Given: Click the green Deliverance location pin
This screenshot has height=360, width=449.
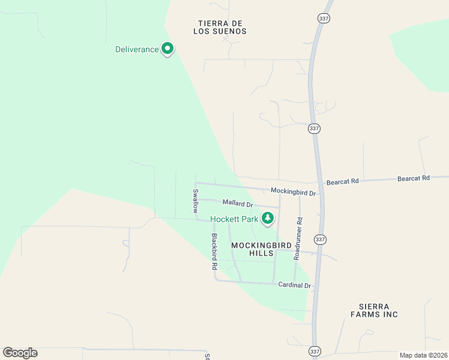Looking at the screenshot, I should (168, 49).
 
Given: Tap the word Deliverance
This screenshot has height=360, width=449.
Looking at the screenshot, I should (137, 49).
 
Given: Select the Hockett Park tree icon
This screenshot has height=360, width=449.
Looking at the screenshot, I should (268, 219).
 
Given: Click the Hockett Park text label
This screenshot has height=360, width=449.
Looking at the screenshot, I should (234, 220).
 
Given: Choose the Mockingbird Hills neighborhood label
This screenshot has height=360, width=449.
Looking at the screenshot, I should (261, 250).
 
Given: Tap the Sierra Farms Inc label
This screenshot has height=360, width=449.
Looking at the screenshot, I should (375, 310).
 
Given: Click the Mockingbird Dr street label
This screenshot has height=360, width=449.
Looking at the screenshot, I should (293, 193).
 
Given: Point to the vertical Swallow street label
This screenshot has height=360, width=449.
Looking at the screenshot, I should (195, 201).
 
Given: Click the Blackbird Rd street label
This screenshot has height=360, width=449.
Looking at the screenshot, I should (214, 250).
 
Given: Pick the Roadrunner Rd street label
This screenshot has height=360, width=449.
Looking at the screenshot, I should (298, 238).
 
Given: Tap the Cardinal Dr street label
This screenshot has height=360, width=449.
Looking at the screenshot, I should (294, 285).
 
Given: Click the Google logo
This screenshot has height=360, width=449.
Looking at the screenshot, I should (20, 353).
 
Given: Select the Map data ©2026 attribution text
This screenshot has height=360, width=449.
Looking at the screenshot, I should (423, 355).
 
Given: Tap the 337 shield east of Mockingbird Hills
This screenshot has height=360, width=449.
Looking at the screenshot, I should (321, 239).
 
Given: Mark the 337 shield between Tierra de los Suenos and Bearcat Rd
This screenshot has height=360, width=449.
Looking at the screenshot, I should (314, 128).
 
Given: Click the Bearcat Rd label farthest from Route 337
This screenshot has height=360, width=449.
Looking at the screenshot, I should (414, 178).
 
